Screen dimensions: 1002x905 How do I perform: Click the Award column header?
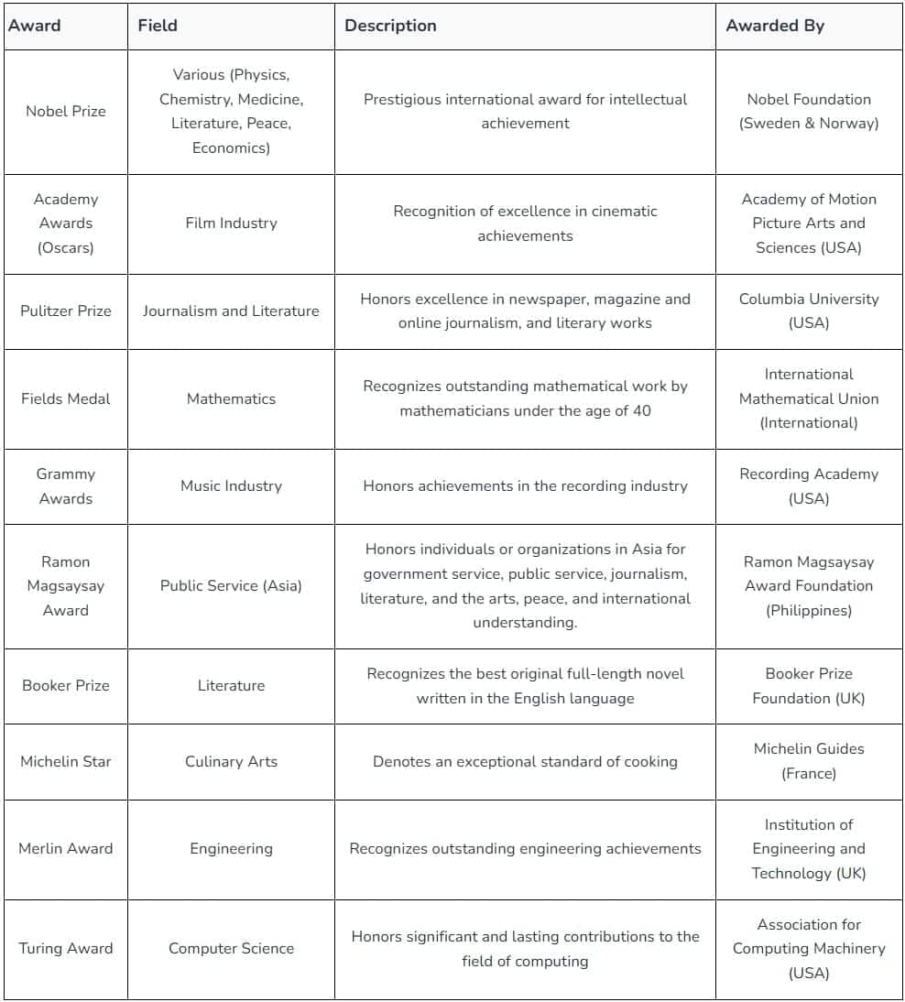pyautogui.click(x=35, y=26)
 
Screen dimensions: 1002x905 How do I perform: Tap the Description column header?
pyautogui.click(x=390, y=26)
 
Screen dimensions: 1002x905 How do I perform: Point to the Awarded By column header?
pyautogui.click(x=775, y=26)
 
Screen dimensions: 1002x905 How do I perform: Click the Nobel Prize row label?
pyautogui.click(x=66, y=112)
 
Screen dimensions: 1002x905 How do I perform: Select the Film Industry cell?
pyautogui.click(x=231, y=223)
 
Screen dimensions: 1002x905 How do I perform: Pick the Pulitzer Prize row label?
pyautogui.click(x=66, y=311)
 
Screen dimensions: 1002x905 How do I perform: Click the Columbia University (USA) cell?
pyautogui.click(x=809, y=311)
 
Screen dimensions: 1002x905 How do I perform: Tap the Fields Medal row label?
pyautogui.click(x=66, y=399)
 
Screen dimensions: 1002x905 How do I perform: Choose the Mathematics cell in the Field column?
pyautogui.click(x=231, y=399)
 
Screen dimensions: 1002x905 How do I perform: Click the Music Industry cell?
pyautogui.click(x=231, y=486)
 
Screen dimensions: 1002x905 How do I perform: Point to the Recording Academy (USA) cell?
pyautogui.click(x=809, y=486)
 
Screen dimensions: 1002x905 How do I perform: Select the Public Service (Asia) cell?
pyautogui.click(x=231, y=586)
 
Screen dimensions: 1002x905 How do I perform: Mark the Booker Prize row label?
pyautogui.click(x=66, y=686)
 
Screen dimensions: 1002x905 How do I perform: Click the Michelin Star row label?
pyautogui.click(x=66, y=762)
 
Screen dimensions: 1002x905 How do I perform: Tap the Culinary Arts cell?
pyautogui.click(x=231, y=762)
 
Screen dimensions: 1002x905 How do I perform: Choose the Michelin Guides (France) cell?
pyautogui.click(x=809, y=761)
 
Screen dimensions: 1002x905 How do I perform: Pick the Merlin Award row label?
pyautogui.click(x=66, y=849)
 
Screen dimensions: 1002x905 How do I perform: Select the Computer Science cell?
pyautogui.click(x=231, y=949)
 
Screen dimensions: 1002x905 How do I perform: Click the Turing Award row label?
pyautogui.click(x=66, y=949)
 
